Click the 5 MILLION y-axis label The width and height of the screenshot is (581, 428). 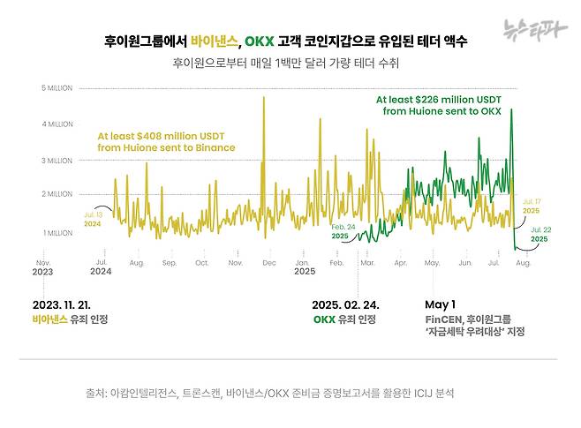[57, 88]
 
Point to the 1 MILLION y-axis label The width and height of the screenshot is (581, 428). [57, 233]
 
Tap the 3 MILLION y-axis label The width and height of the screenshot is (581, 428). [57, 161]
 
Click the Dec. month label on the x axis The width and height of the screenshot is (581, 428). [268, 263]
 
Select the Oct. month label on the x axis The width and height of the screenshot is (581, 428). [202, 263]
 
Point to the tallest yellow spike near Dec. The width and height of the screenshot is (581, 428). [263, 98]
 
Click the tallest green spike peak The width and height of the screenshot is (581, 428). [511, 110]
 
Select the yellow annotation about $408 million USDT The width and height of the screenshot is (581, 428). [166, 142]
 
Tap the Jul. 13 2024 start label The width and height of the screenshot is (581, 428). [93, 219]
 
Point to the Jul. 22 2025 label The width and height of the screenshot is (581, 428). [539, 233]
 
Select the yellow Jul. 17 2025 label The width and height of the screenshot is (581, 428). [532, 206]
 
